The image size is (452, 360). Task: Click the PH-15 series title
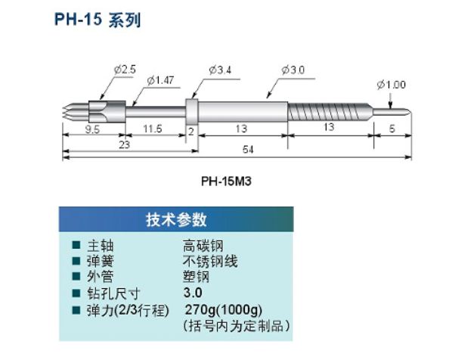coord(98,20)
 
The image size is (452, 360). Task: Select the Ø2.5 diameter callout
coord(125,70)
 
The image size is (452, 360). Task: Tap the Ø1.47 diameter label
coord(160,80)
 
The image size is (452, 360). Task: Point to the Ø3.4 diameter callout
coord(220,70)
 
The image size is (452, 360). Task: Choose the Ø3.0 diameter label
coord(293,70)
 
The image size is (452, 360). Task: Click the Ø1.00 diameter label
coord(392,85)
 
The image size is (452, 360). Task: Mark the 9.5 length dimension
coord(92,129)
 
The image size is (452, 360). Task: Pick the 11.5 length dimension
coord(153,129)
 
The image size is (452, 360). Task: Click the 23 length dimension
coord(124,144)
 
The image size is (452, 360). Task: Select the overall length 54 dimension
coord(248,150)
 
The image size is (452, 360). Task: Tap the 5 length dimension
coord(392,129)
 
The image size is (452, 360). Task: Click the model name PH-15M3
coord(226,182)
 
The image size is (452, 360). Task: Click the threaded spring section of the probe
coord(329,112)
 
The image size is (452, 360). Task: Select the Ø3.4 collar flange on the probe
coord(192,112)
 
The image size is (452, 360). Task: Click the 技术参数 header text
coord(176,219)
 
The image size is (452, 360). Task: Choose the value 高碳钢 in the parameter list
coord(203,246)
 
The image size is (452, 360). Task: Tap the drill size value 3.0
coord(193,293)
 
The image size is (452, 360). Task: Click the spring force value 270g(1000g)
coord(224,310)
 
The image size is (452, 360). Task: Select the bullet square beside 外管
coord(76,277)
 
